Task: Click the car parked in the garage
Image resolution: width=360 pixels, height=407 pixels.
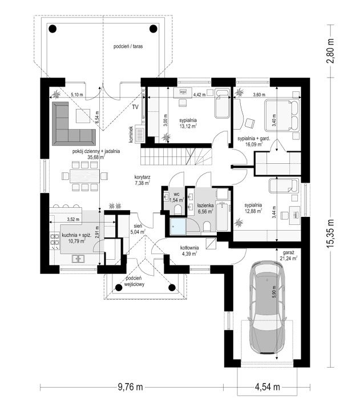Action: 267,307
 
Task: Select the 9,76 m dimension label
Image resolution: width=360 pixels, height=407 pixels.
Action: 130,387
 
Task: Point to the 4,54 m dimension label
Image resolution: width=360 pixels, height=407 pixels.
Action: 268,387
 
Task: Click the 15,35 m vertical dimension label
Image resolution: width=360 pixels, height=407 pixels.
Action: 330,234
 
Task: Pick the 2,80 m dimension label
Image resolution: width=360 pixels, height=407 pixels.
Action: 330,51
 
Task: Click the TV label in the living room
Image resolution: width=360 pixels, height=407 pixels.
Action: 135,107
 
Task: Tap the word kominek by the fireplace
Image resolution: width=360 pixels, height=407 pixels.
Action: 131,134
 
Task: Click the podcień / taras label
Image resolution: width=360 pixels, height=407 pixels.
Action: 128,46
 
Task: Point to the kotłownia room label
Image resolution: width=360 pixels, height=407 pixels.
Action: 189,248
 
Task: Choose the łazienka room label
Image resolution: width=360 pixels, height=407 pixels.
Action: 205,205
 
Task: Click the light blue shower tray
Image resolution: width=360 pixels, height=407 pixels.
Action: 177,227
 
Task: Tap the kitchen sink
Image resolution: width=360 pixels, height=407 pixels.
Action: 78,258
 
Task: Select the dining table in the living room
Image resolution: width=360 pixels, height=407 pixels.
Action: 84,176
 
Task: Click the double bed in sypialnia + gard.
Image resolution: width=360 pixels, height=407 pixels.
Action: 281,115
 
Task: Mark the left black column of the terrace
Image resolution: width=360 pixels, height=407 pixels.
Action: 52,29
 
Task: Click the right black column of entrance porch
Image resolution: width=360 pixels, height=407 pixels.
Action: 172,287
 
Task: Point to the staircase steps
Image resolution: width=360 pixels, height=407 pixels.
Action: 176,156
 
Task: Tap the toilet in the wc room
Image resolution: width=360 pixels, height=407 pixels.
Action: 178,210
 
